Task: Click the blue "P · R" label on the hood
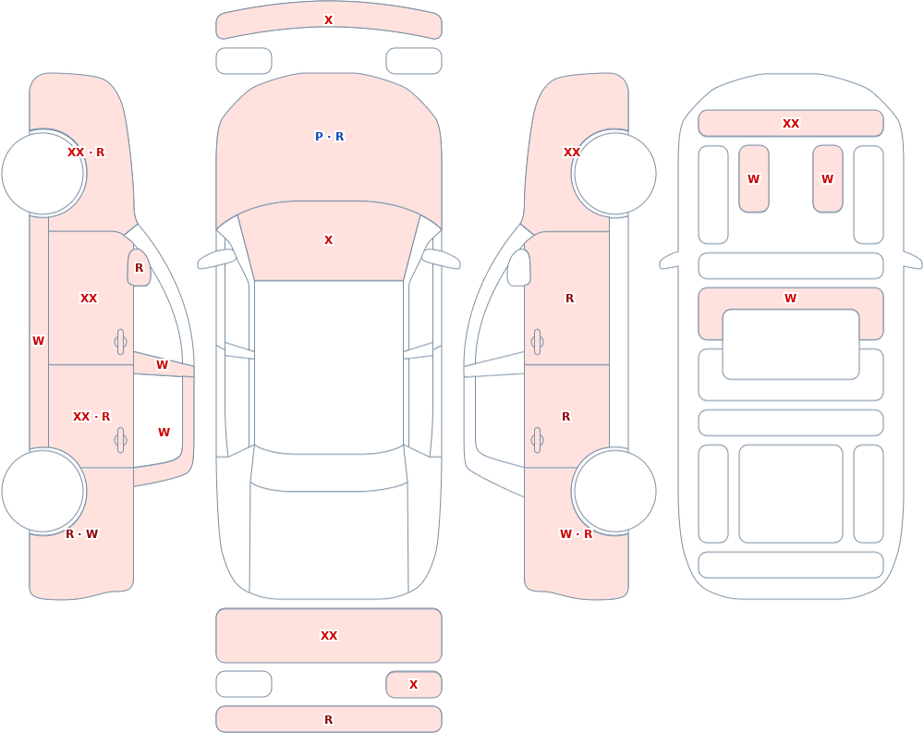click(x=330, y=137)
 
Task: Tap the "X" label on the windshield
click(x=329, y=240)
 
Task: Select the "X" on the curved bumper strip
click(x=329, y=20)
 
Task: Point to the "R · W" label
click(x=81, y=534)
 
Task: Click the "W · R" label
click(x=576, y=534)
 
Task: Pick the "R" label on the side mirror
click(x=140, y=268)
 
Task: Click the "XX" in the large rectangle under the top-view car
click(x=329, y=636)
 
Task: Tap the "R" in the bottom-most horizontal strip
click(x=329, y=720)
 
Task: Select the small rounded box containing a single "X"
click(x=414, y=685)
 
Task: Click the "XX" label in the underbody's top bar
click(x=791, y=124)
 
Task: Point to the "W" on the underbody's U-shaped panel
click(x=791, y=299)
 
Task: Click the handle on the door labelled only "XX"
click(x=120, y=342)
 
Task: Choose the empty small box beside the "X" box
click(x=244, y=685)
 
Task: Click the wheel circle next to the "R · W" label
click(x=43, y=491)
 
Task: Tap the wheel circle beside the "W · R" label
click(x=614, y=491)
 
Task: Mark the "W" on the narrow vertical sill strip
click(x=38, y=341)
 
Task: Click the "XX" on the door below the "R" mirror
click(x=89, y=299)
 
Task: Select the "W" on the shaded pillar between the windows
click(x=162, y=365)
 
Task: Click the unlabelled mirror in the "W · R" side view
click(x=519, y=268)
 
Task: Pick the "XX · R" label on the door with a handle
click(x=91, y=417)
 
